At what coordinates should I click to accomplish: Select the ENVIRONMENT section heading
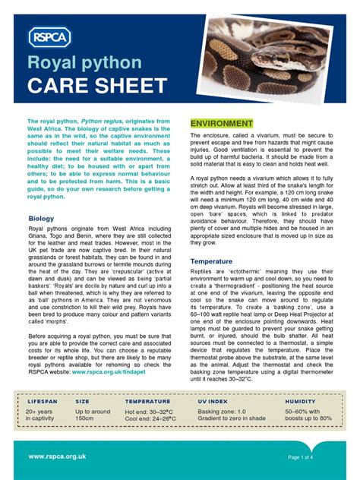(222, 123)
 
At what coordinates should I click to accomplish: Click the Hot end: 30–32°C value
(150, 411)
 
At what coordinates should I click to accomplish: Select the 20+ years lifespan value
(39, 411)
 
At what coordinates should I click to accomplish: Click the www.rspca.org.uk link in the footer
(57, 456)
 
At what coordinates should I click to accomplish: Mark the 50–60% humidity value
(302, 411)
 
